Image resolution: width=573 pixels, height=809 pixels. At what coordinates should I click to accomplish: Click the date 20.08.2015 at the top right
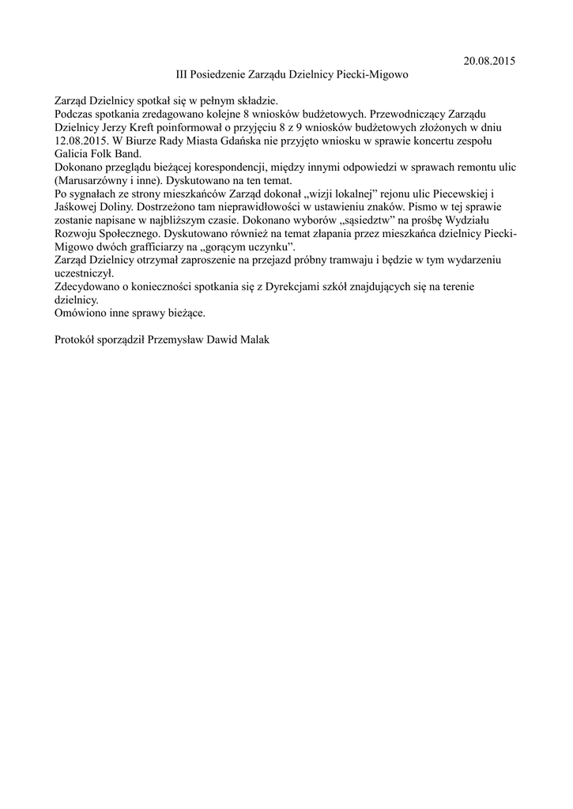tap(488, 61)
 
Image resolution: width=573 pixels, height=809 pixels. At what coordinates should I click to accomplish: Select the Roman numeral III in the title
tap(183, 74)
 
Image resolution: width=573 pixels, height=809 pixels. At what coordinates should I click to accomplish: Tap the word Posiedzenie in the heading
tap(222, 74)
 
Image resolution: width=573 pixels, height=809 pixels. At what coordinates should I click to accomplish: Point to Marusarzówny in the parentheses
tap(92, 180)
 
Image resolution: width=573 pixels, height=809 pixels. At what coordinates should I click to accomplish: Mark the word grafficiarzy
tap(153, 246)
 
